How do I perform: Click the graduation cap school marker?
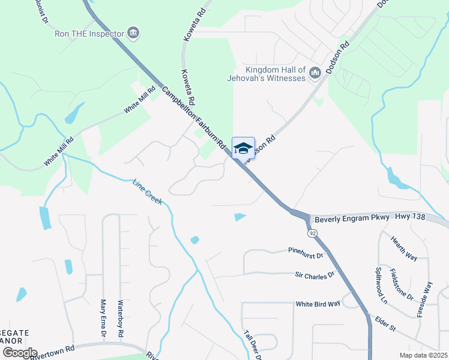pyautogui.click(x=243, y=148)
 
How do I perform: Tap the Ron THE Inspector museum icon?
pyautogui.click(x=134, y=32)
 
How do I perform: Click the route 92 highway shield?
pyautogui.click(x=312, y=232)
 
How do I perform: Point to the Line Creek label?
pyautogui.click(x=148, y=191)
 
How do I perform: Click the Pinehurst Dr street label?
pyautogui.click(x=306, y=253)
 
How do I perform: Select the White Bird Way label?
pyautogui.click(x=318, y=304)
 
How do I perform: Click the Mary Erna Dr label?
pyautogui.click(x=103, y=317)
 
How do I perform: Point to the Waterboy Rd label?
pyautogui.click(x=121, y=317)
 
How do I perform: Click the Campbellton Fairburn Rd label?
pyautogui.click(x=193, y=119)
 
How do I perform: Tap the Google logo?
pyautogui.click(x=19, y=353)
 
